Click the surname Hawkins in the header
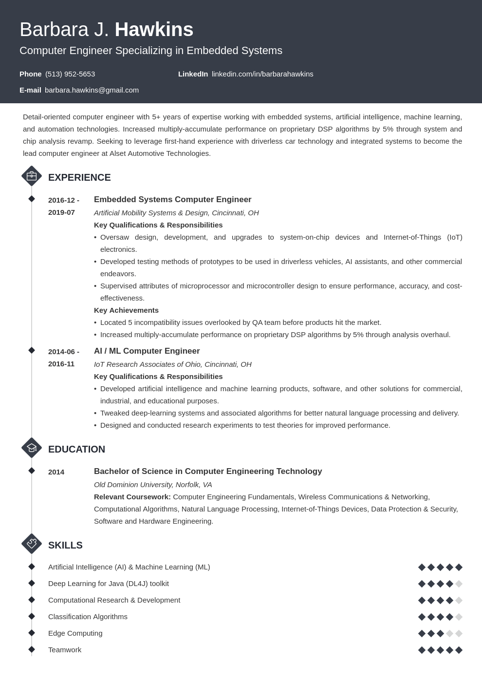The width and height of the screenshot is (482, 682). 154,30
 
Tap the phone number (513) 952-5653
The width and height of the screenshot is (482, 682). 70,74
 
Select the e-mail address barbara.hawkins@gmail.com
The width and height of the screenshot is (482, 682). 92,90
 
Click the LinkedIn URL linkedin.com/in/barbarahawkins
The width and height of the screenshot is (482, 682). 262,74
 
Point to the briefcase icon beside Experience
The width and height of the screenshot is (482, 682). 32,176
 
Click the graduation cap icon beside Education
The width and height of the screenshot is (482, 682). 32,448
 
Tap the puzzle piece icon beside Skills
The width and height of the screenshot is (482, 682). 32,544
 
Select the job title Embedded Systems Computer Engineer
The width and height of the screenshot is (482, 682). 172,200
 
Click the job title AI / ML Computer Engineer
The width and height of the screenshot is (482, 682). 147,351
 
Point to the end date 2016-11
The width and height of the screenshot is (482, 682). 61,364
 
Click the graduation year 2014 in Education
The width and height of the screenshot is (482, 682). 56,472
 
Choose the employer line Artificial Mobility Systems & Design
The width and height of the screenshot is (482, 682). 176,213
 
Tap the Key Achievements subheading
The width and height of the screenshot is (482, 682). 126,310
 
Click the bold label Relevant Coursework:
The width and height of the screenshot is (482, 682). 132,497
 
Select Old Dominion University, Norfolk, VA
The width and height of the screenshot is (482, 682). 153,485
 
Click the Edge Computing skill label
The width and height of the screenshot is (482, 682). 75,633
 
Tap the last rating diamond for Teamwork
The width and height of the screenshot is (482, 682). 459,650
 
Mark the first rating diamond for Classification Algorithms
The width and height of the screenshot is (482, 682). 422,617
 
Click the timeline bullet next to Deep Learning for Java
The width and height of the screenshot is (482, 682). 32,583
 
